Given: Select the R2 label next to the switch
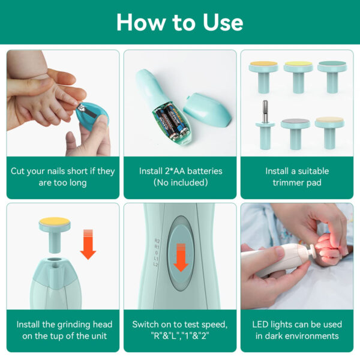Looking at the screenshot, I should [x=157, y=240].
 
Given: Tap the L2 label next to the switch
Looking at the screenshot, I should [x=157, y=264].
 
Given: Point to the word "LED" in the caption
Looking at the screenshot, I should [x=263, y=324].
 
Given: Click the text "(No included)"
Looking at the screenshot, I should [x=180, y=182].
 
